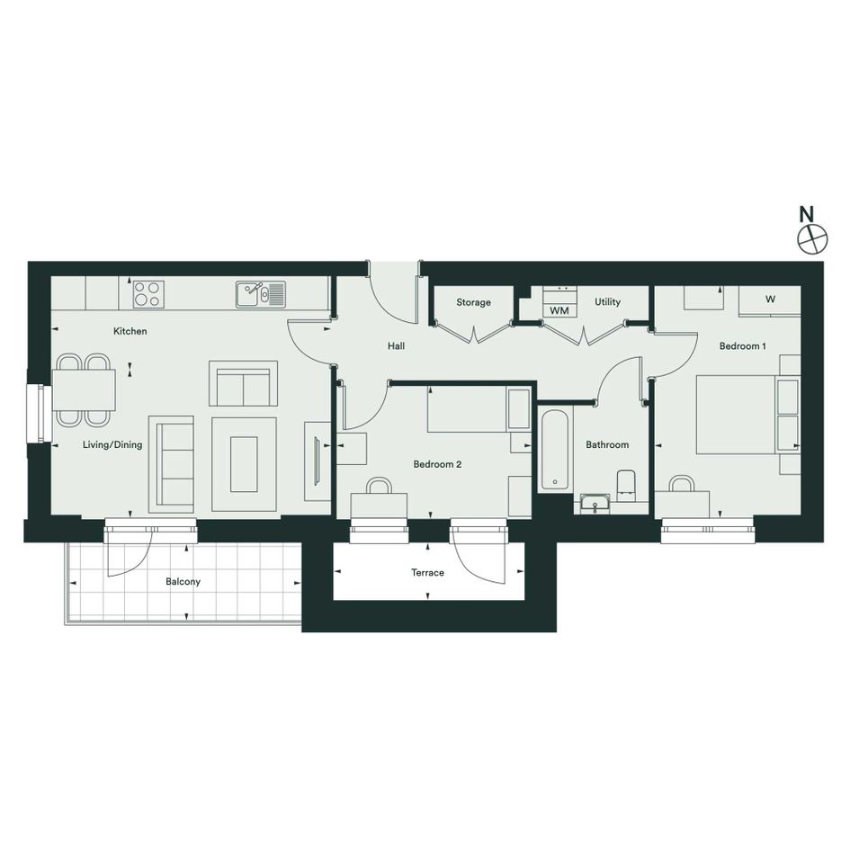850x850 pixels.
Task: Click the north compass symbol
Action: point(812,238)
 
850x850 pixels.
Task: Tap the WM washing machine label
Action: point(559,310)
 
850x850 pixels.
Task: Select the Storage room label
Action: point(473,302)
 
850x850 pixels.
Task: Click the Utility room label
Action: point(607,301)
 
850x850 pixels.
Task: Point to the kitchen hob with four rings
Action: point(148,294)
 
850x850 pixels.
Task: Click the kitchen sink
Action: point(260,294)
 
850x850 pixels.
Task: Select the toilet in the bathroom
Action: point(626,485)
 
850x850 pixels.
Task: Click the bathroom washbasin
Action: point(595,504)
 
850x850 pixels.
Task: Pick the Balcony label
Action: point(183,582)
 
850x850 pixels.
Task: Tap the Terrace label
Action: point(427,572)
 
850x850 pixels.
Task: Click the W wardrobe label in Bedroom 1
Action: point(770,299)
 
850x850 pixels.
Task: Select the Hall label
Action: point(396,346)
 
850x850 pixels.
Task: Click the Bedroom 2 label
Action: point(437,464)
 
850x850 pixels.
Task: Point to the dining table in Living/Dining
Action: point(84,389)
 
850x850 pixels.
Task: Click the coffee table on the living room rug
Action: point(244,464)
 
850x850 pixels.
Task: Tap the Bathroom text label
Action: point(607,444)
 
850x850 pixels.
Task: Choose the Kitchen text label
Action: point(130,331)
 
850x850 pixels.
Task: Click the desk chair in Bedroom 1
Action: point(682,483)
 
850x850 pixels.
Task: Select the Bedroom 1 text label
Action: point(743,346)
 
